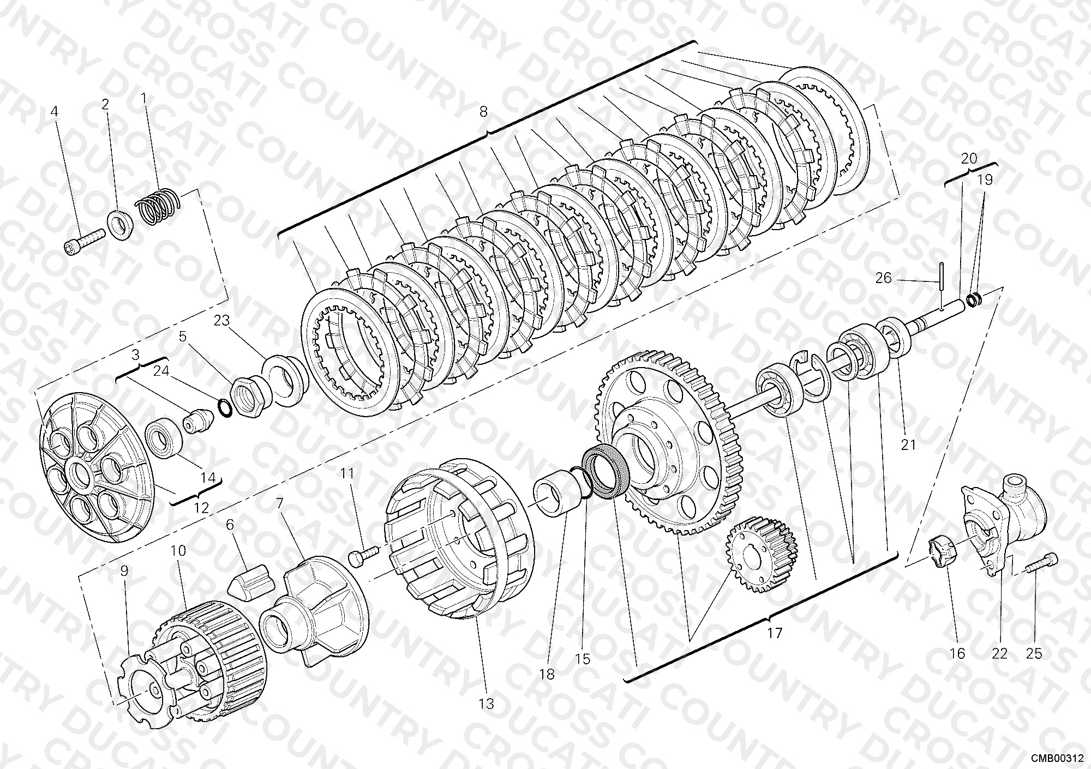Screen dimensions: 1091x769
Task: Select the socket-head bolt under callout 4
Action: (85, 242)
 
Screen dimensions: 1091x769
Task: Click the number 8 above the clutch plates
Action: (483, 112)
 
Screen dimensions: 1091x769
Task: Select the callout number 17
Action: (775, 633)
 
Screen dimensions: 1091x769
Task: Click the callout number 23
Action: (222, 321)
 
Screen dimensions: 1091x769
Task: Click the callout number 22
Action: (999, 653)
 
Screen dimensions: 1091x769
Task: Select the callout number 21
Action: (908, 445)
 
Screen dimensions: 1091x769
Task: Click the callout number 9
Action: (124, 572)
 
